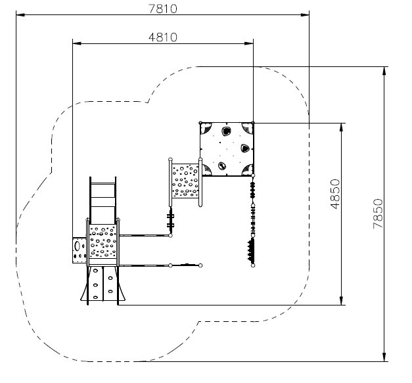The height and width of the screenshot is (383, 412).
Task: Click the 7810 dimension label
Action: (163, 9)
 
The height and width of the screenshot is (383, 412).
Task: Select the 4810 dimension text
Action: (163, 37)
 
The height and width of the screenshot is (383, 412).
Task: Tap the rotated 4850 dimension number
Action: (335, 194)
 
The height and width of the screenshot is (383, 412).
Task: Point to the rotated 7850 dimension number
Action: (378, 214)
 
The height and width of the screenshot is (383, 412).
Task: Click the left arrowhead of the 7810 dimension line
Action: (20, 14)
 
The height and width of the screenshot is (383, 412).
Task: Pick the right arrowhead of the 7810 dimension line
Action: (305, 14)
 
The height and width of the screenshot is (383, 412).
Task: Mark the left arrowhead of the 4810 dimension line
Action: (77, 43)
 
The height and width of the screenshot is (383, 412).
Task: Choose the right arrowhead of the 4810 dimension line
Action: (249, 43)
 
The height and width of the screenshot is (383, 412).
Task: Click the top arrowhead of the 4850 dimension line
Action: (341, 127)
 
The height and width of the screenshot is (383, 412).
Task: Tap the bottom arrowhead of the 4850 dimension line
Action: (341, 300)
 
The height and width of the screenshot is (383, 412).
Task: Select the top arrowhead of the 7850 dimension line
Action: (384, 71)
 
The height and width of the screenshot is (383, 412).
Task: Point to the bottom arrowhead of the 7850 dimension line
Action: (384, 357)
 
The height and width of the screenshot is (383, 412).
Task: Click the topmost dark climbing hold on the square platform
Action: (226, 131)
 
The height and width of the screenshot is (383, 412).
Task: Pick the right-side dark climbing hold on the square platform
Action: (244, 148)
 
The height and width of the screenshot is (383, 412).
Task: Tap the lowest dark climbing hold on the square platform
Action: (222, 166)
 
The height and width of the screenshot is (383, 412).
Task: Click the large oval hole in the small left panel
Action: (78, 246)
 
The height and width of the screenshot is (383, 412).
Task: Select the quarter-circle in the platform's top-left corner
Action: (206, 129)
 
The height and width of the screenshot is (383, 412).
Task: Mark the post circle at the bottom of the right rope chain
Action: (253, 265)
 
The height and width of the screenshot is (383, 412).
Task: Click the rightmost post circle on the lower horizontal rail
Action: (200, 265)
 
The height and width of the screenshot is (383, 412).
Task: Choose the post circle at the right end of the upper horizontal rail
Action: (171, 236)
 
